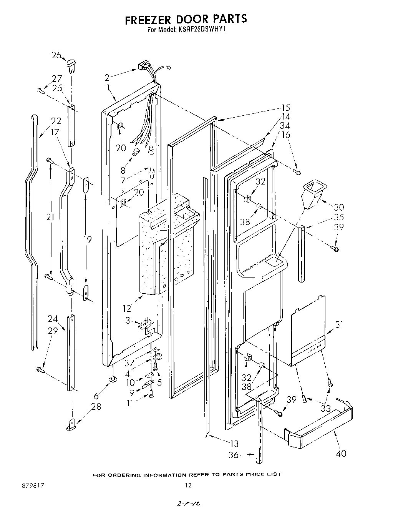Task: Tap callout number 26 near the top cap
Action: pos(56,55)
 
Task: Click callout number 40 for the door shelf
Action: pos(341,453)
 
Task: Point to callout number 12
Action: pos(127,308)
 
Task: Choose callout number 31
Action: pos(339,324)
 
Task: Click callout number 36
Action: pos(234,455)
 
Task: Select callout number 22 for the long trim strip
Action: pos(56,121)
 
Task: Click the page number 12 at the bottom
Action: pos(188,485)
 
